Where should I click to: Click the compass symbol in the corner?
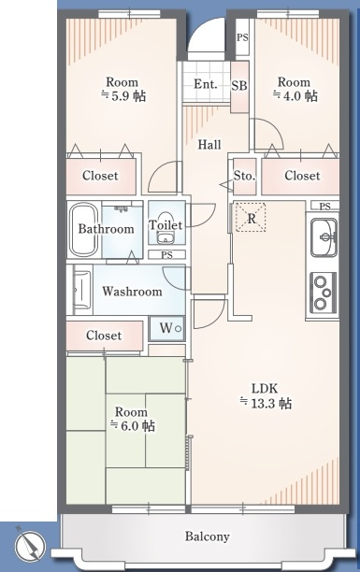30,546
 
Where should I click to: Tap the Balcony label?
207,536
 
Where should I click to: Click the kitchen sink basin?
324,237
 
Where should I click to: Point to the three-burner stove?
323,293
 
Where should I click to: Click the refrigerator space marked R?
251,218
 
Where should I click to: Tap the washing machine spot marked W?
166,328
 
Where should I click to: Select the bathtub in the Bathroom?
84,229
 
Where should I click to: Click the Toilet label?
166,224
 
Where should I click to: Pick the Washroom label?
132,291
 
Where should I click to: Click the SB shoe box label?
239,86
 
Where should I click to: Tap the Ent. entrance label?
205,84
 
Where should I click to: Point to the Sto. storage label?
244,176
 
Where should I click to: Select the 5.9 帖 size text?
123,96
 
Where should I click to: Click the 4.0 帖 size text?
295,96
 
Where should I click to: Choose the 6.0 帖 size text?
133,425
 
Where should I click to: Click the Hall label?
209,145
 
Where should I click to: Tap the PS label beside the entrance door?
242,37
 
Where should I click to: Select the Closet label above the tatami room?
104,336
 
